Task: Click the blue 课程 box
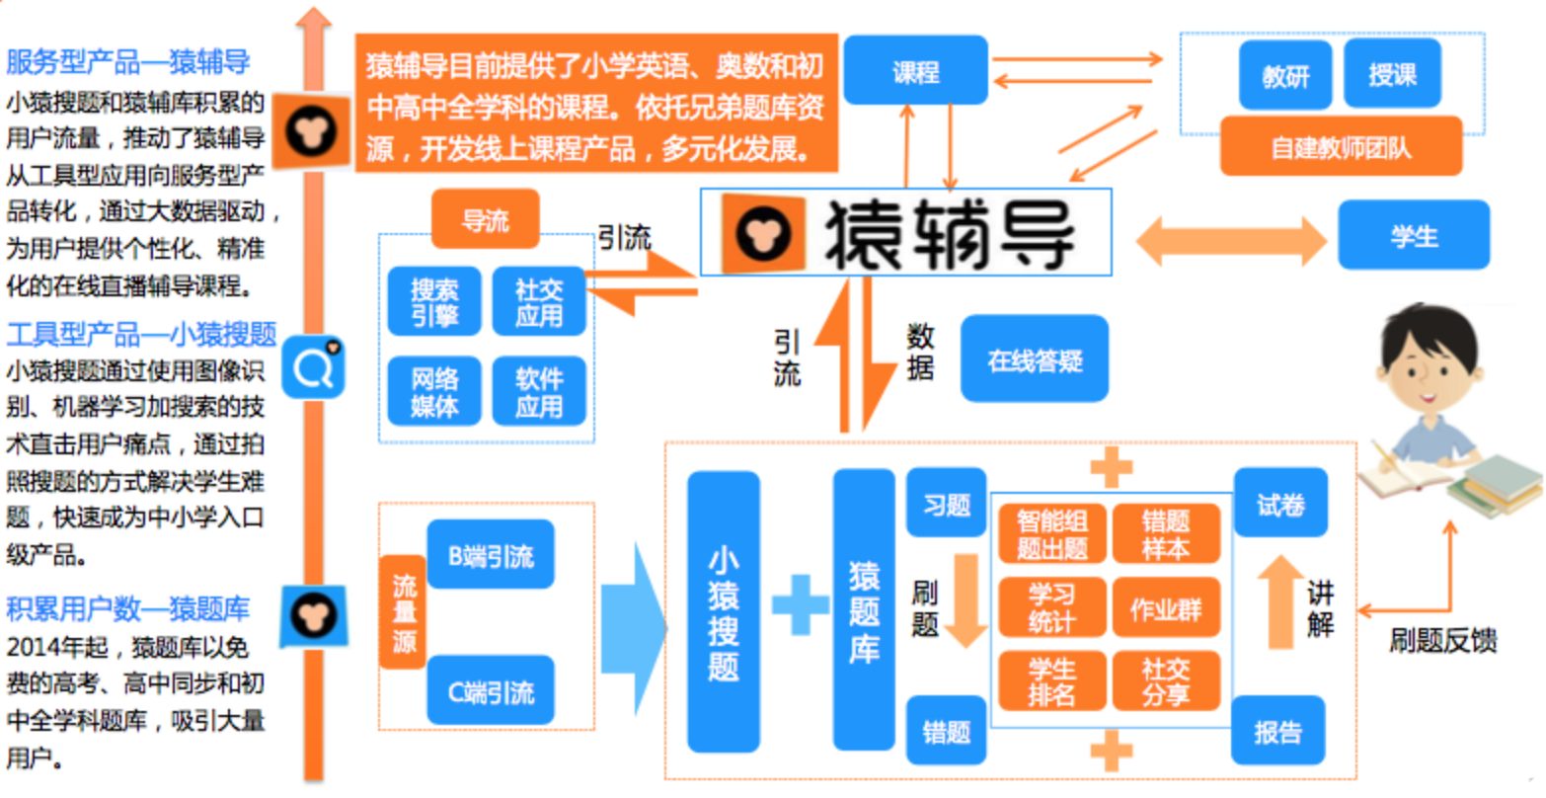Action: [915, 71]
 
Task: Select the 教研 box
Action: [1284, 75]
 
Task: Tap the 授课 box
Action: [1392, 74]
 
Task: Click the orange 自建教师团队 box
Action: [1341, 147]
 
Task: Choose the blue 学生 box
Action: [1413, 236]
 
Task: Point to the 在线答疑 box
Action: [1034, 360]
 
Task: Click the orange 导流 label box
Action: [485, 219]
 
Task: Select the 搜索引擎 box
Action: [433, 302]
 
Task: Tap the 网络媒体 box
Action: [433, 392]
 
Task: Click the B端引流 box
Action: [491, 556]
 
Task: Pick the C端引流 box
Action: [491, 691]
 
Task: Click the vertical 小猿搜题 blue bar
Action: [723, 612]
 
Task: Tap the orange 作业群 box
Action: [1165, 609]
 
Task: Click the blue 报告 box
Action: [1277, 732]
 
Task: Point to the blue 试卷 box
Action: [1279, 505]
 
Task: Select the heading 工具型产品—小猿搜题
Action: [141, 335]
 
